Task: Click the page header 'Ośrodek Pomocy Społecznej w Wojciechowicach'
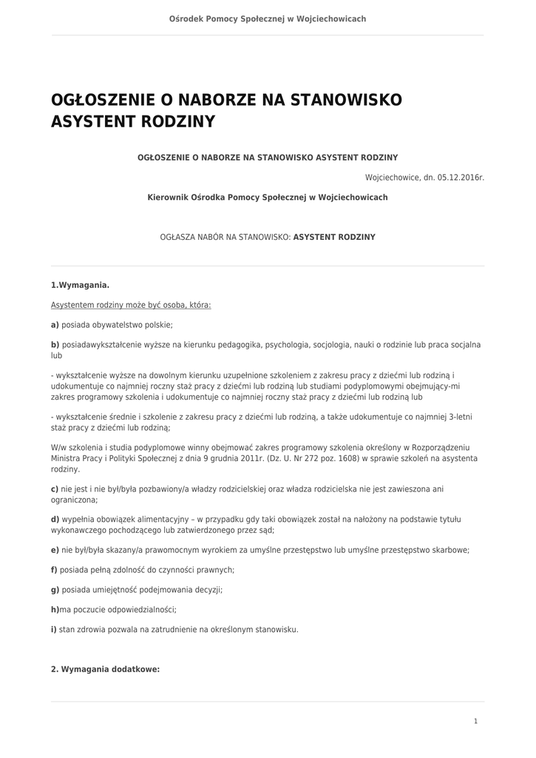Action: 268,19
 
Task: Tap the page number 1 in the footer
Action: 475,721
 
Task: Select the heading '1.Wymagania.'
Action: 80,285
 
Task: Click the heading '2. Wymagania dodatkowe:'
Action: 105,669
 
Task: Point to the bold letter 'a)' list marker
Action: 55,325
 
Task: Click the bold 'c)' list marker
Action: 55,489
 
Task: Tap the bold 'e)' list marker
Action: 55,550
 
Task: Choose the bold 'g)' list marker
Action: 55,590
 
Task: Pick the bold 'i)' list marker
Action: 54,630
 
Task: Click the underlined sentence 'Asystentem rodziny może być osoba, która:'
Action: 131,305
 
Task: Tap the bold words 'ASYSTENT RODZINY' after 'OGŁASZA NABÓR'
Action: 334,238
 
